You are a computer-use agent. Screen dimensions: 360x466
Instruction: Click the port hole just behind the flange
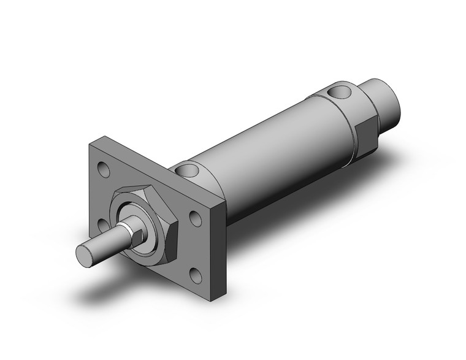[188, 170]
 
